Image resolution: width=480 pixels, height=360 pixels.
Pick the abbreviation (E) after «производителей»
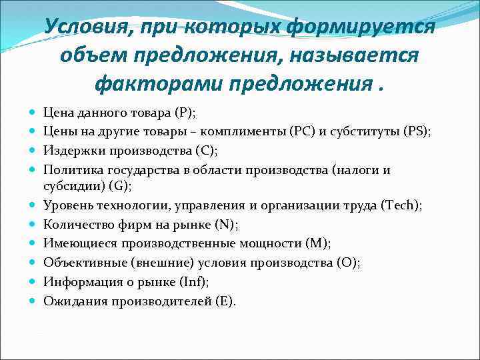point(225,301)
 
